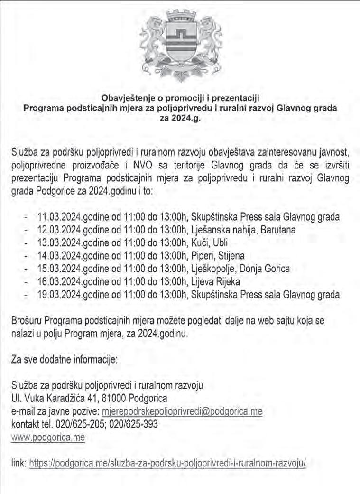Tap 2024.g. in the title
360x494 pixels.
tap(180, 117)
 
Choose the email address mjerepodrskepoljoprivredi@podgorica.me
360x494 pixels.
tap(182, 411)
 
